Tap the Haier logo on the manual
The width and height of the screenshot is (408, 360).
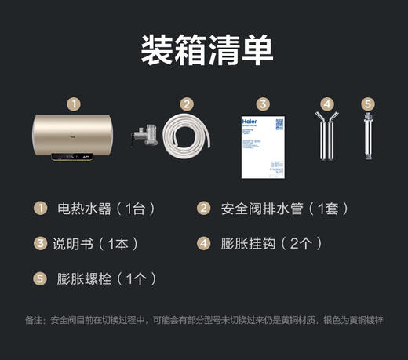click(x=251, y=125)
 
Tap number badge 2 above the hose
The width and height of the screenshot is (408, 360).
click(x=187, y=104)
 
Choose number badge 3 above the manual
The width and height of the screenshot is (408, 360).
click(x=263, y=104)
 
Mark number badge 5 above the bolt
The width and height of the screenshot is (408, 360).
click(x=367, y=104)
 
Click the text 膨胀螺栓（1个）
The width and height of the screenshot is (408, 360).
click(x=107, y=278)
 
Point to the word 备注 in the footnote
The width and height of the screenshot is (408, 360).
click(x=35, y=321)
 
